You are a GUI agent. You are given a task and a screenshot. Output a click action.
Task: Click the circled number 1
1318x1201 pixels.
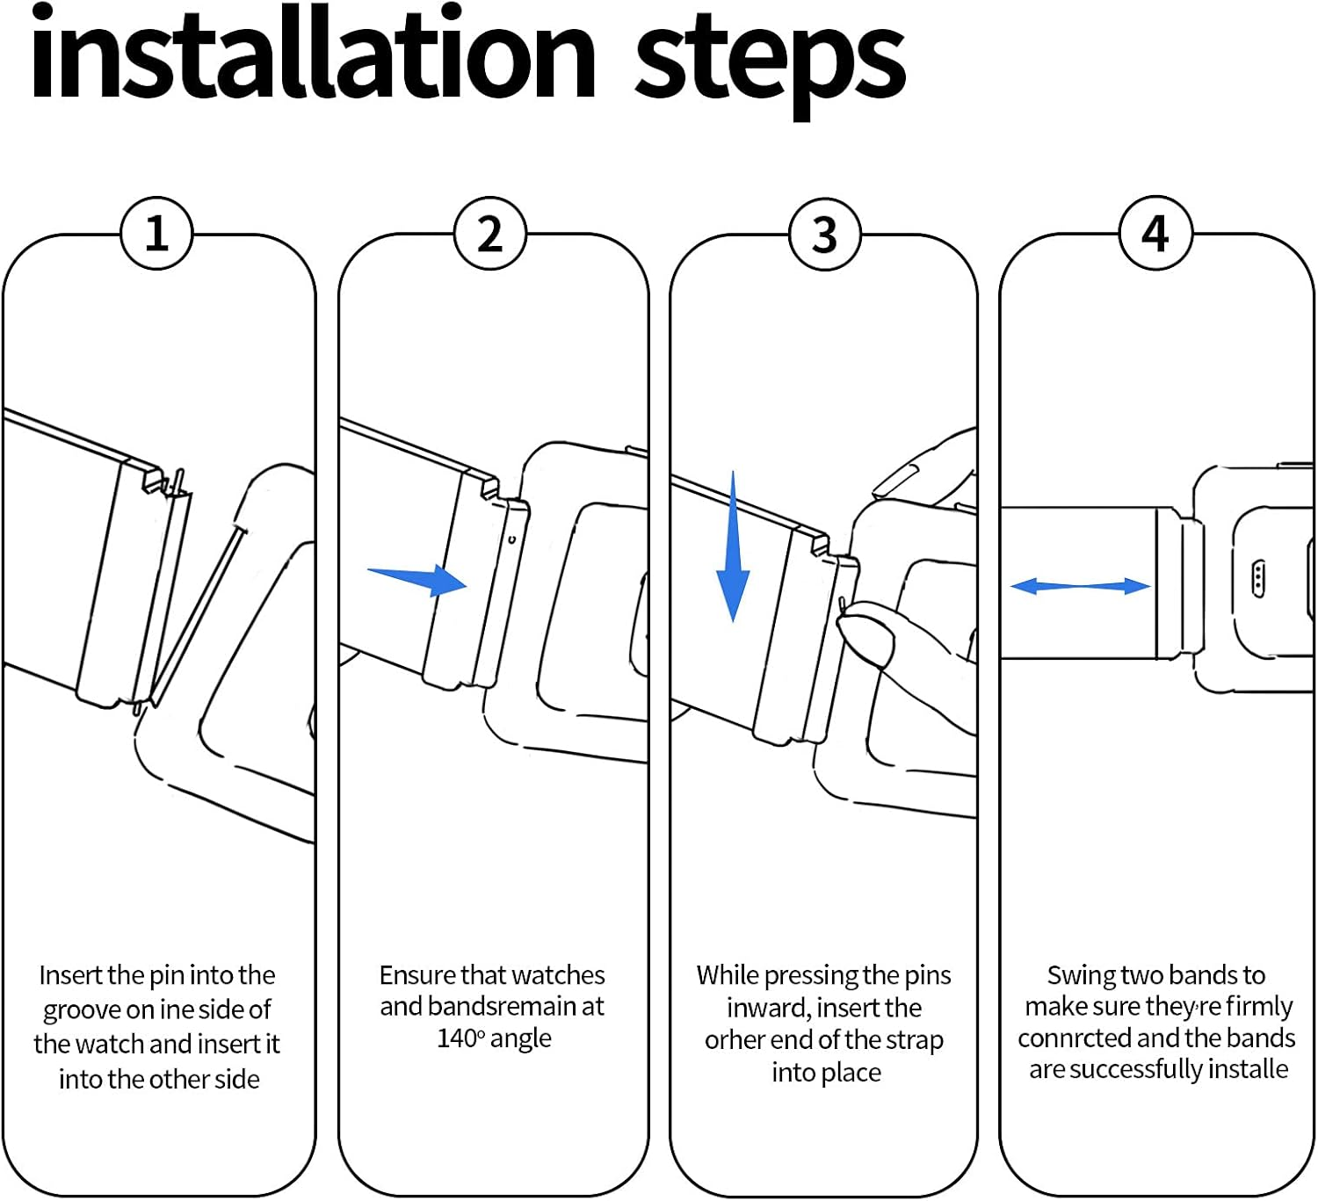click(156, 234)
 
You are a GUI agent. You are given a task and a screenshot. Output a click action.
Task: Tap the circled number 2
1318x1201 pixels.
click(490, 234)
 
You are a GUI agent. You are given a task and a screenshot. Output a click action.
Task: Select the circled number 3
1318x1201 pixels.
click(824, 235)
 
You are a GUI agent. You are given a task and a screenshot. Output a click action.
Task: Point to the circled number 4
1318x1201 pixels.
click(1155, 234)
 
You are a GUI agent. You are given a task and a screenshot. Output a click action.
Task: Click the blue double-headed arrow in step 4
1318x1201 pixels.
click(1080, 586)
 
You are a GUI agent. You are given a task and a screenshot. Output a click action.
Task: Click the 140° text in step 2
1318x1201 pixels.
click(461, 1038)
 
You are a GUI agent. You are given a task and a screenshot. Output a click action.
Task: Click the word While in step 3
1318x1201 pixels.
click(728, 975)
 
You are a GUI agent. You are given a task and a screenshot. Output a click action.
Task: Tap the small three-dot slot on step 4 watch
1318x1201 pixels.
click(1257, 578)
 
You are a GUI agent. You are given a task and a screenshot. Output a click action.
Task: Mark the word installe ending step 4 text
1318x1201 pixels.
click(1248, 1069)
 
